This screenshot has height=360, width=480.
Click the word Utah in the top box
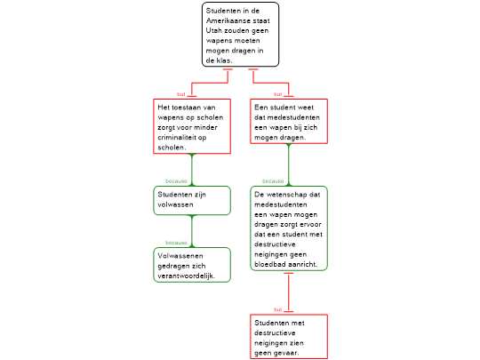[213, 30]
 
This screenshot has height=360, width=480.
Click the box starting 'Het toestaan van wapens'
[192, 126]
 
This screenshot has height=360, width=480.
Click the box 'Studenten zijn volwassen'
[192, 201]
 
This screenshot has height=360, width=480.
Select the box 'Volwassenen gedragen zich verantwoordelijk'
[192, 265]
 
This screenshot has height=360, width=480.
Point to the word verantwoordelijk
[186, 276]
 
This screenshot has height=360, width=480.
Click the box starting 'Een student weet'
[289, 121]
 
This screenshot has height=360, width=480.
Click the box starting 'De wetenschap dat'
[289, 228]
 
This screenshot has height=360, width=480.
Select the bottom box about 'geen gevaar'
[289, 336]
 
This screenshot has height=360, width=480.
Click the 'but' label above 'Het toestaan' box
[181, 94]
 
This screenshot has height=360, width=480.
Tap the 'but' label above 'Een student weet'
[278, 94]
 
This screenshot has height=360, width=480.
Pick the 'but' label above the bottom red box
[278, 310]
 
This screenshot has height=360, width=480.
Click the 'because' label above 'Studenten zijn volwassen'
[176, 181]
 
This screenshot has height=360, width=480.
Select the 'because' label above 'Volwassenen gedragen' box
[176, 243]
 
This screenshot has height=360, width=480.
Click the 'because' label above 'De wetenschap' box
[273, 181]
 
